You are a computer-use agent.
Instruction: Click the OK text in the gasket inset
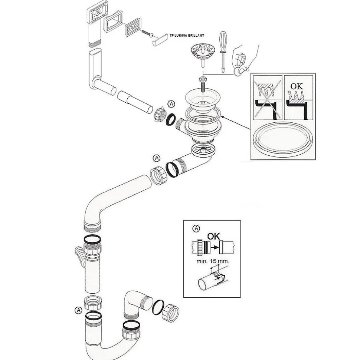coord(297,86)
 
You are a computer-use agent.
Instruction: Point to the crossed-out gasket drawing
coord(267,98)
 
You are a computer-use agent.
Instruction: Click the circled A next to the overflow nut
coord(171,104)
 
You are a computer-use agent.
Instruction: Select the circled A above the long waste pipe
coord(156,158)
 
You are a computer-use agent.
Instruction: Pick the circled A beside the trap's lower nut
coord(78,310)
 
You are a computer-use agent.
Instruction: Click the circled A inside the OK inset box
coord(196,229)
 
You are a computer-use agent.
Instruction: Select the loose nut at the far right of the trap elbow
coord(171,313)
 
